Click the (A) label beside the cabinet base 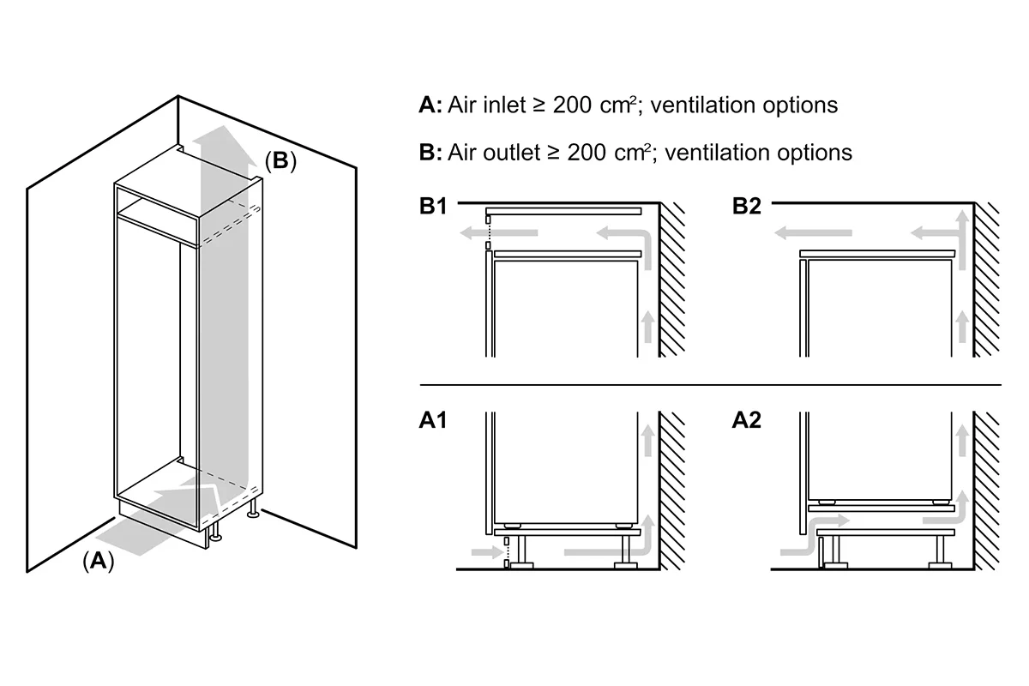tap(99, 561)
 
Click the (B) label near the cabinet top tap(280, 161)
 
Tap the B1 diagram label tap(433, 206)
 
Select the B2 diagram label tap(747, 206)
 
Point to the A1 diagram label tap(433, 420)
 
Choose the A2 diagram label tap(747, 420)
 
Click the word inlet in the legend tap(504, 105)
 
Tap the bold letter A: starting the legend tap(430, 105)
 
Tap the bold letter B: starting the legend tap(430, 152)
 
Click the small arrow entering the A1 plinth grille tap(487, 552)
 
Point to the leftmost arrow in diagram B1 tap(498, 233)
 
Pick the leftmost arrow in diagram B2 tap(813, 233)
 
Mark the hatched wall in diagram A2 tap(986, 490)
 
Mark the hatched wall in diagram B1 tap(671, 280)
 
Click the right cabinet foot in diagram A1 tap(626, 552)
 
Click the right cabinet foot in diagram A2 tap(940, 552)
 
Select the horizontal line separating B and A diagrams tap(710, 384)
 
